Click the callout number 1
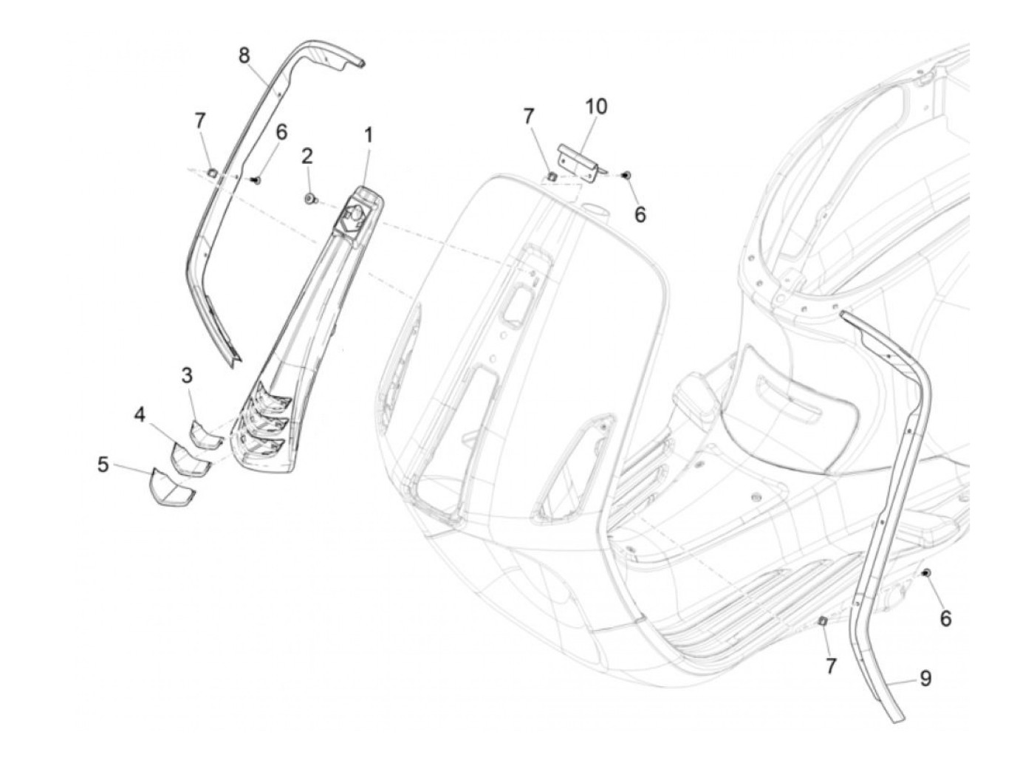pyautogui.click(x=368, y=135)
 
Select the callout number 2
pyautogui.click(x=307, y=156)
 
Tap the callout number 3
pyautogui.click(x=188, y=375)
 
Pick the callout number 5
pyautogui.click(x=103, y=465)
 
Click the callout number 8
pyautogui.click(x=244, y=55)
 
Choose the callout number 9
pyautogui.click(x=925, y=677)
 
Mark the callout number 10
pyautogui.click(x=596, y=106)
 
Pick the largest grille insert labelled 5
pyautogui.click(x=171, y=485)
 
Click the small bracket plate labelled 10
pyautogui.click(x=578, y=157)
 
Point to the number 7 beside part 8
pyautogui.click(x=200, y=120)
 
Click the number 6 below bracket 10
pyautogui.click(x=640, y=214)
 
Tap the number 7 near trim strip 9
pyautogui.click(x=831, y=666)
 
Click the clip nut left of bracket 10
pyautogui.click(x=552, y=176)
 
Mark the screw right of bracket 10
pyautogui.click(x=626, y=174)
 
